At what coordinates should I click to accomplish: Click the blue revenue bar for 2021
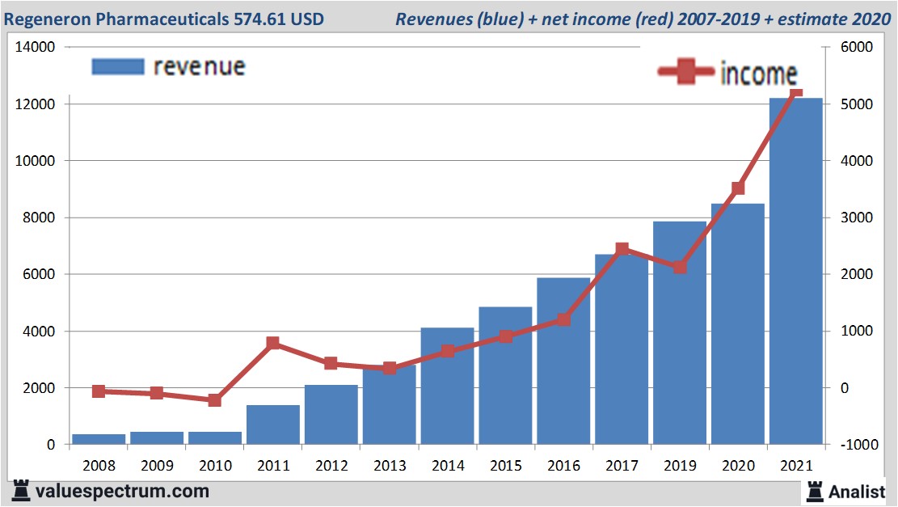[795, 271]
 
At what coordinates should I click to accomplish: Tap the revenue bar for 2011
[272, 425]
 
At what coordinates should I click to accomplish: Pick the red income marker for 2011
[272, 344]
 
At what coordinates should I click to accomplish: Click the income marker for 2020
[738, 188]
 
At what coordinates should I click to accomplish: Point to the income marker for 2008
[99, 391]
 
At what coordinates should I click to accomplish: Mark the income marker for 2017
[622, 250]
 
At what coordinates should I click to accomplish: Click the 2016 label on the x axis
[563, 467]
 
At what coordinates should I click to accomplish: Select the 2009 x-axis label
[157, 467]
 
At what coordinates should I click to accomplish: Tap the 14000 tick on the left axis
[35, 48]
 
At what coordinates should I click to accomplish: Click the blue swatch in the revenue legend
[118, 66]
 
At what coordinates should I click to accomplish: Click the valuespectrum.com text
[121, 491]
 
